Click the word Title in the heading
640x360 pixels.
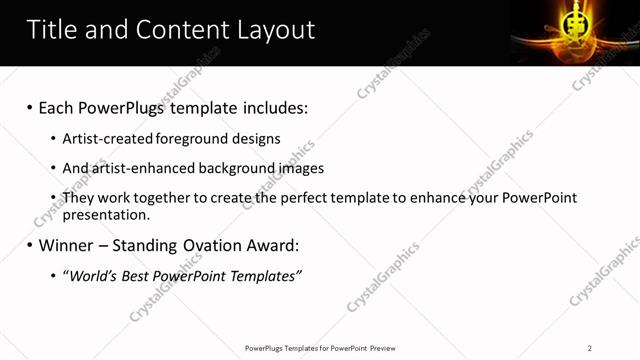[x=55, y=30]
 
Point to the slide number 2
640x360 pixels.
[x=590, y=348]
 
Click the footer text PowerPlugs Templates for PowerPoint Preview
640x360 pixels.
[x=319, y=348]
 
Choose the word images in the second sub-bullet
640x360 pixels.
[x=301, y=168]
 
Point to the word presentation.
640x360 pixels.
[x=106, y=214]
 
